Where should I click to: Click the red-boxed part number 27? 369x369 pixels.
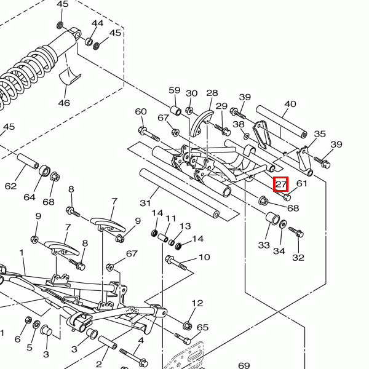(x=281, y=184)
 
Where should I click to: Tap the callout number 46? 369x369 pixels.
(x=64, y=103)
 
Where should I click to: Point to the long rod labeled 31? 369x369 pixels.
(x=181, y=192)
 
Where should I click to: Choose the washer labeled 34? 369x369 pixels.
(x=282, y=224)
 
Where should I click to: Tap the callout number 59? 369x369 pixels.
(x=174, y=90)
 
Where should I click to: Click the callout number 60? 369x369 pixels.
(x=141, y=111)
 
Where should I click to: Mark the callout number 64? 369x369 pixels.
(x=30, y=197)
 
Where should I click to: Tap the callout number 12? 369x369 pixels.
(x=197, y=303)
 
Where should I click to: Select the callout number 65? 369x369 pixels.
(x=203, y=328)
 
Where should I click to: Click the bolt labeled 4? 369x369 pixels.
(x=132, y=355)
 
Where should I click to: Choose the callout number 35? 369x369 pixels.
(x=320, y=134)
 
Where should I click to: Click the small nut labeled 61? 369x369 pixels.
(x=287, y=197)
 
